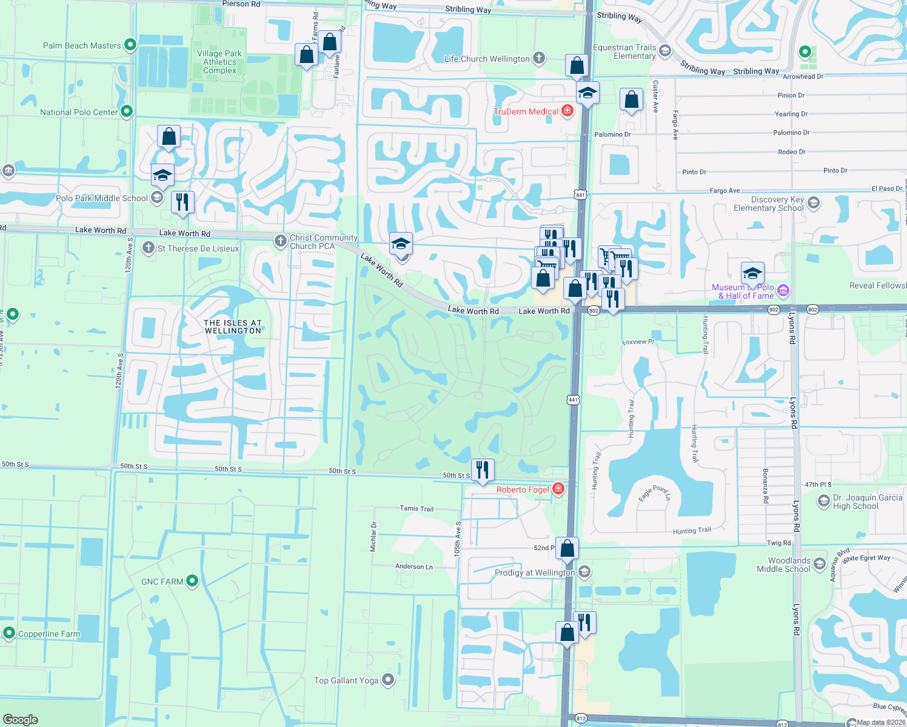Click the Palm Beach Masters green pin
click(x=130, y=45)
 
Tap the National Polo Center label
click(x=79, y=112)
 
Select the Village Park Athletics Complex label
click(x=219, y=62)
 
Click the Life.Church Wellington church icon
click(x=539, y=58)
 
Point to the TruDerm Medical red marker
click(x=567, y=111)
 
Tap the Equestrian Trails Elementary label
click(x=624, y=51)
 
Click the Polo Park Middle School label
click(x=101, y=198)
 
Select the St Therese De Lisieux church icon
click(x=149, y=248)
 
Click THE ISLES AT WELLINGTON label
click(x=233, y=327)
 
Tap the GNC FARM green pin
click(x=192, y=581)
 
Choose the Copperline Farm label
click(x=49, y=634)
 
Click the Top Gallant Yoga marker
click(x=388, y=680)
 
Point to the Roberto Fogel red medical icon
click(x=558, y=489)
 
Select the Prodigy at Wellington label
click(x=535, y=573)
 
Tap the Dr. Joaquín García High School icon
click(x=823, y=501)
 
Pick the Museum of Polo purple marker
click(x=783, y=291)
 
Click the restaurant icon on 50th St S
click(x=483, y=470)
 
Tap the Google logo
click(x=21, y=719)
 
